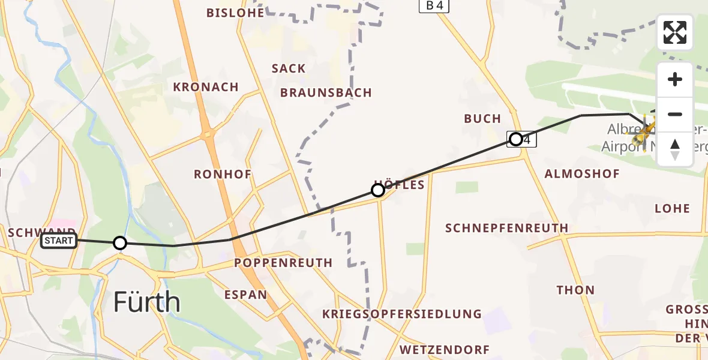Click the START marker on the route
(x=59, y=241)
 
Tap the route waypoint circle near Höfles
(x=378, y=190)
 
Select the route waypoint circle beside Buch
(x=516, y=140)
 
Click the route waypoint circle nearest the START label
(x=120, y=243)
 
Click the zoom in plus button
(x=675, y=80)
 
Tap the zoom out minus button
(x=675, y=115)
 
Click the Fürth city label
(x=147, y=302)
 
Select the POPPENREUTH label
(x=283, y=263)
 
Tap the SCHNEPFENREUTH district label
(x=507, y=228)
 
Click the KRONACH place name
(x=206, y=87)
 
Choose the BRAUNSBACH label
(x=326, y=93)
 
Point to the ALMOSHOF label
(x=581, y=174)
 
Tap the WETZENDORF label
(x=444, y=350)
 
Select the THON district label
(x=575, y=290)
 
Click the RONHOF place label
(x=223, y=175)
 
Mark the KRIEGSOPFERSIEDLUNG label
(x=401, y=314)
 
